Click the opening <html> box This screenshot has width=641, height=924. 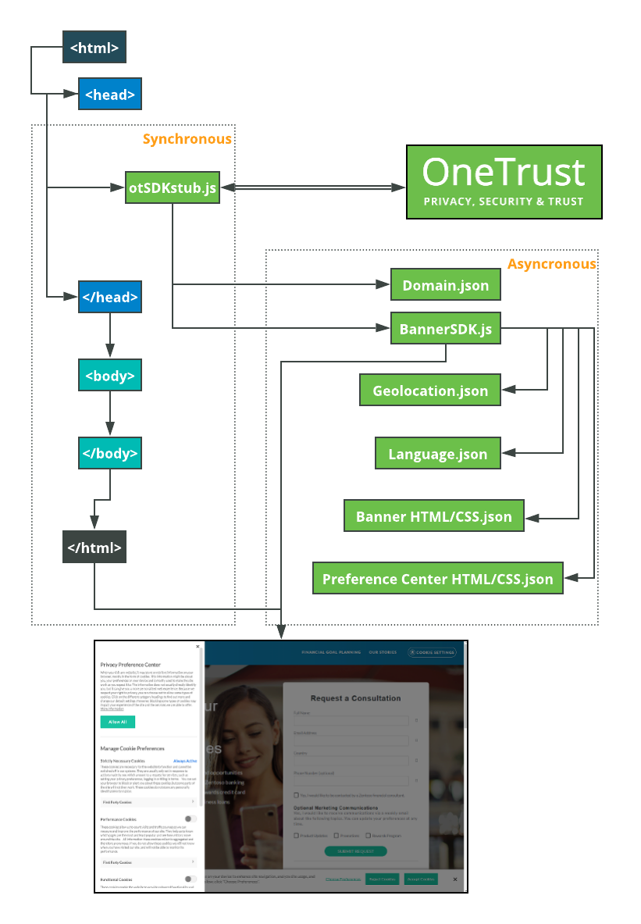[x=94, y=48]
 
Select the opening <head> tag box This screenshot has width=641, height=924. [x=109, y=95]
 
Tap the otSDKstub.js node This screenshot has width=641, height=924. [x=172, y=188]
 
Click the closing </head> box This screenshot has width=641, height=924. [x=109, y=298]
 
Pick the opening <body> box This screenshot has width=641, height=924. [x=109, y=376]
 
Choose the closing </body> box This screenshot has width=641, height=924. [x=109, y=453]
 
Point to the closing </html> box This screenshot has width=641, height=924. [x=94, y=547]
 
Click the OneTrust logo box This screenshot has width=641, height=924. [x=504, y=181]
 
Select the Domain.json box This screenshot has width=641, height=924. [x=445, y=286]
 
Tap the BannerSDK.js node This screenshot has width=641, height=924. [x=445, y=329]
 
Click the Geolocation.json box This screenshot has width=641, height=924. [x=429, y=391]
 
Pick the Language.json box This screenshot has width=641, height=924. [x=437, y=454]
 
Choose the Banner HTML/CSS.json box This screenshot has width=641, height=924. [x=433, y=516]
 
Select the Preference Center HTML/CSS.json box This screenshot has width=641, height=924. [x=437, y=579]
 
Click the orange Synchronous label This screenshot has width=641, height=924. [x=187, y=139]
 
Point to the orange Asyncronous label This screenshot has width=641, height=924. [x=551, y=264]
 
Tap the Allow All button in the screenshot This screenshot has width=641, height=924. [x=117, y=722]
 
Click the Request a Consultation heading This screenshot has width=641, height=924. [x=355, y=697]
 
